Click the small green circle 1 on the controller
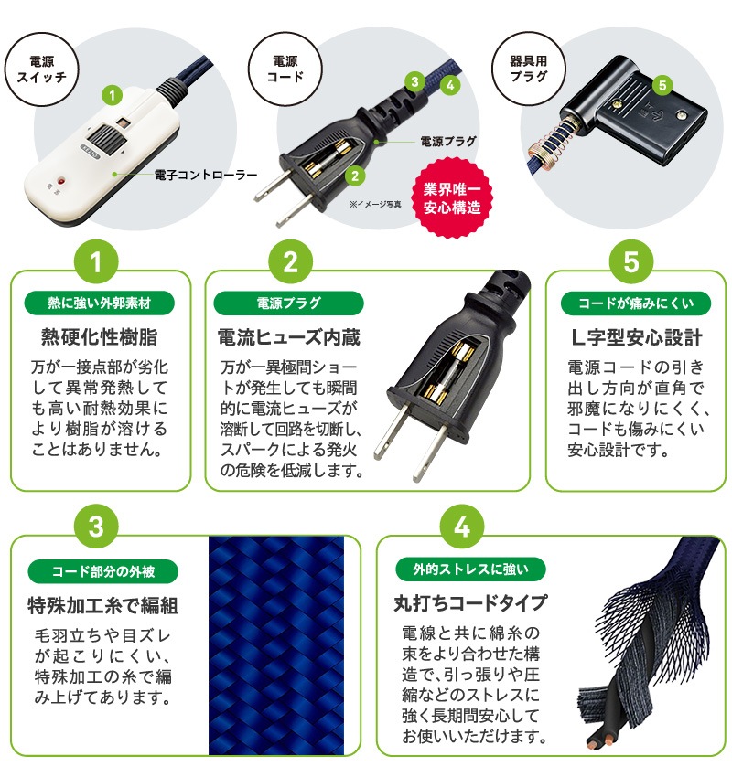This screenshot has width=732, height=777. click(x=112, y=94)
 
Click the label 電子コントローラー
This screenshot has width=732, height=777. click(x=205, y=173)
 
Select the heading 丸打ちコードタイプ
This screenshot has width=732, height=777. click(x=469, y=603)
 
